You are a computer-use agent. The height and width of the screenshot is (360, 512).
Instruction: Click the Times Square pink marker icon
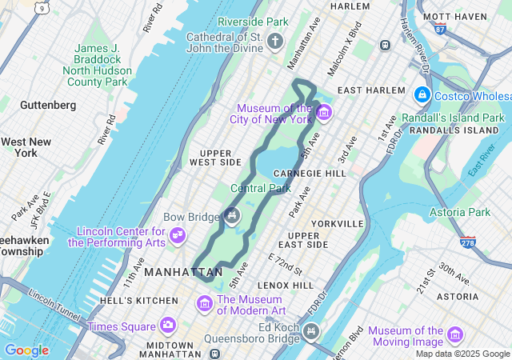(167, 325)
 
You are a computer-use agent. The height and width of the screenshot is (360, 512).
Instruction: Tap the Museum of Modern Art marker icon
(205, 304)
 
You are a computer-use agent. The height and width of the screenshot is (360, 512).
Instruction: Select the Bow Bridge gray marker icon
(232, 214)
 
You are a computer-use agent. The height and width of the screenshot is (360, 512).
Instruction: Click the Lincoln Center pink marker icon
(178, 235)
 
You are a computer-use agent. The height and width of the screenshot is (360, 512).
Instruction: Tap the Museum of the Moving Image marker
(455, 334)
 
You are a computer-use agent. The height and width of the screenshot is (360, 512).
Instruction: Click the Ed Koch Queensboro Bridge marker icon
(310, 330)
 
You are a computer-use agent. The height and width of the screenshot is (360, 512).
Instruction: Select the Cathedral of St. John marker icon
(276, 40)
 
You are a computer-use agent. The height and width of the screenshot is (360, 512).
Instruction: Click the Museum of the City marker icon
(323, 113)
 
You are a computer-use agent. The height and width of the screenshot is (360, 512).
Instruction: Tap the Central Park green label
(260, 189)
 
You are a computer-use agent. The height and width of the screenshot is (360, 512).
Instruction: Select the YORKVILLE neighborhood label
(339, 223)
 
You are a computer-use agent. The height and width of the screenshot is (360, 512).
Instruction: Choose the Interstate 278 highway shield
(466, 241)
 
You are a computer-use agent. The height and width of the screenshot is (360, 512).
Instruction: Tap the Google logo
(26, 350)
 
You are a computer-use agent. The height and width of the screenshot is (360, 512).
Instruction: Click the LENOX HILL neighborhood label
(285, 285)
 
